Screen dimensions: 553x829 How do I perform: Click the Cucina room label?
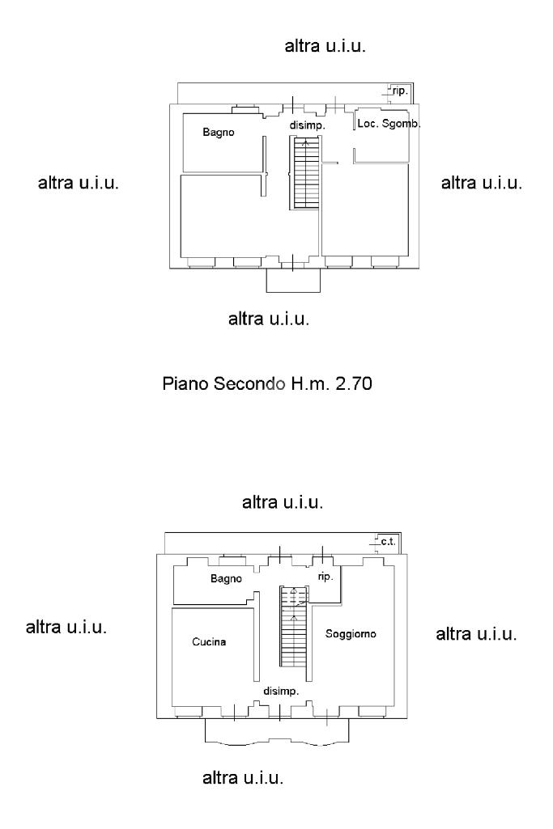point(209,642)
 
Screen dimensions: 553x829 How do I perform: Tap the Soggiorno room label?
point(351,634)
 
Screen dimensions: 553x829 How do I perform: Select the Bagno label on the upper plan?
point(219,132)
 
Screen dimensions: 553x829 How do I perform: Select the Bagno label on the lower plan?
point(226,579)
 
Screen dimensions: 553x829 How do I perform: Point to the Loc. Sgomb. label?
point(389,124)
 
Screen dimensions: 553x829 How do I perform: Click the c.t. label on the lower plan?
point(388,542)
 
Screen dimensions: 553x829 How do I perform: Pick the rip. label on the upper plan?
point(400,91)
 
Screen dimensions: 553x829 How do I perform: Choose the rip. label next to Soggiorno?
point(325,577)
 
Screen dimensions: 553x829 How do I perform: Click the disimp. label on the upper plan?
point(307,126)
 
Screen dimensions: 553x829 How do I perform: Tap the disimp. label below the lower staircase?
point(281,691)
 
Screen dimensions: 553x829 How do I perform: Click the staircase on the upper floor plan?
point(304,172)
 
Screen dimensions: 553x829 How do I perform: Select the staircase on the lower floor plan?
point(293,627)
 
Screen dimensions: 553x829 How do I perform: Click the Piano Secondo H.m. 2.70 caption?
point(267,383)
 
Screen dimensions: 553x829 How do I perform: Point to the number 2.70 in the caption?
point(354,383)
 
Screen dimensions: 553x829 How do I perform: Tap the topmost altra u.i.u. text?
point(325,46)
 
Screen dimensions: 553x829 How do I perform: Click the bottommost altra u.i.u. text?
point(243,778)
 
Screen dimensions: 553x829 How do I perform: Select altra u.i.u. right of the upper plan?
point(482,183)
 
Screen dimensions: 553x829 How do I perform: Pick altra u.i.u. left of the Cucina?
point(66,627)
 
